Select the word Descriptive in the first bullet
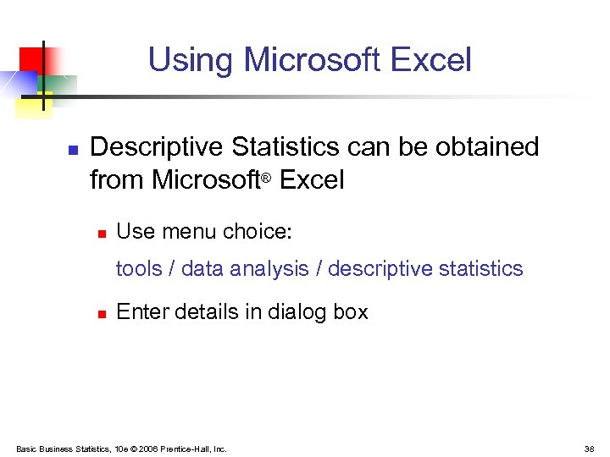[x=157, y=147]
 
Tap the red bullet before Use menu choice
[x=100, y=232]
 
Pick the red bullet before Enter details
[x=100, y=314]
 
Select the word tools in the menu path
[x=138, y=269]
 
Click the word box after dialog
[x=351, y=312]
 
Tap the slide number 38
[x=590, y=449]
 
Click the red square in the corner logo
[x=30, y=58]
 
